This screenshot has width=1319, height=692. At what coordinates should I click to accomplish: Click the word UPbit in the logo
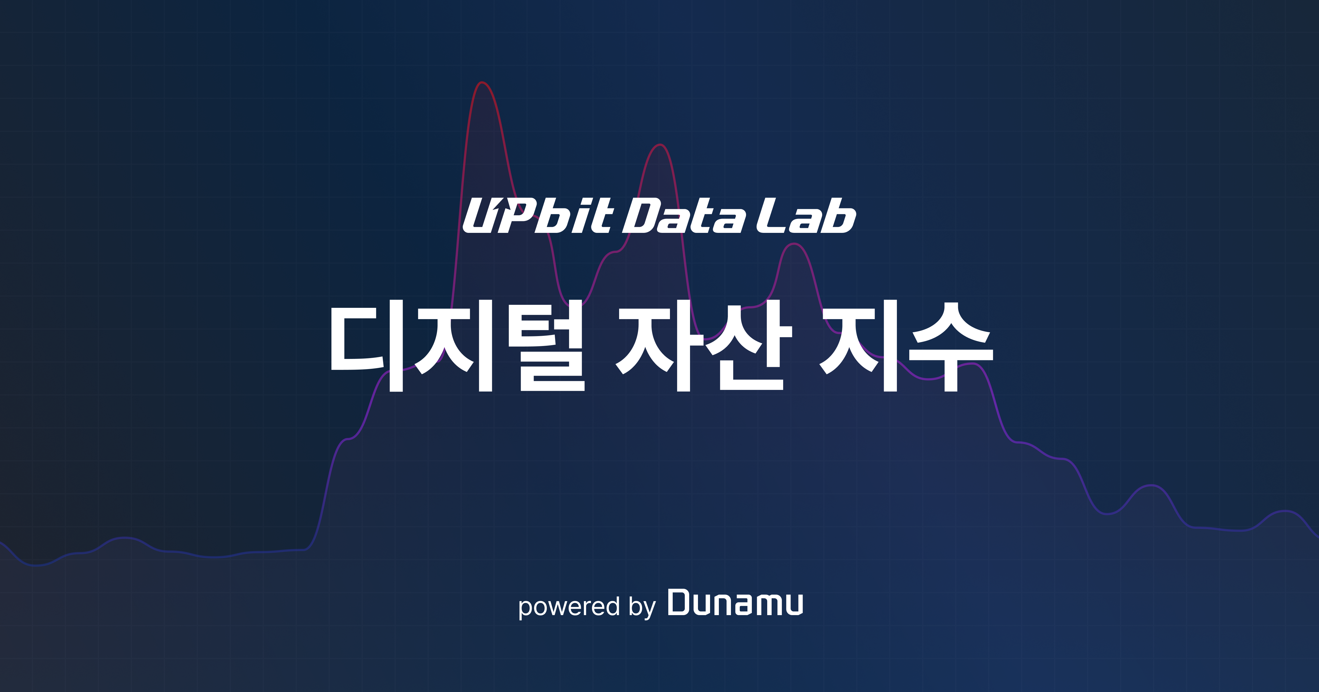pos(538,216)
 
